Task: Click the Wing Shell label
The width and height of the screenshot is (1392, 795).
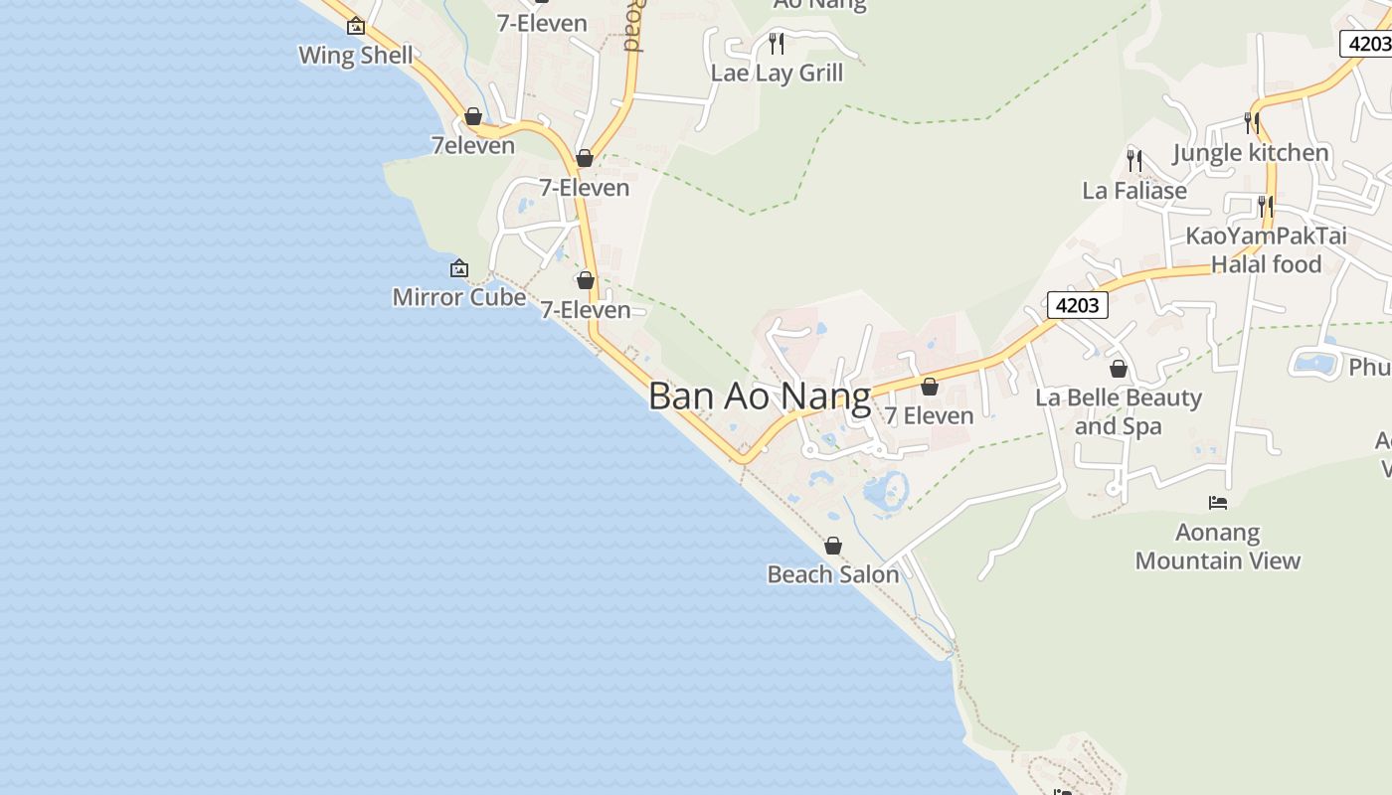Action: [x=356, y=55]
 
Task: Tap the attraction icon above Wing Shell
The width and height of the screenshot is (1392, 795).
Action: [x=356, y=26]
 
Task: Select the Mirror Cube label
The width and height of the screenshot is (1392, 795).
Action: [x=459, y=296]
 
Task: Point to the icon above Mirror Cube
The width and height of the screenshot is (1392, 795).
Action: [x=459, y=268]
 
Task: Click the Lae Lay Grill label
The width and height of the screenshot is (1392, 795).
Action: [x=777, y=73]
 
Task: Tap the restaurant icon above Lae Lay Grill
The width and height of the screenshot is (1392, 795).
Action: [x=777, y=44]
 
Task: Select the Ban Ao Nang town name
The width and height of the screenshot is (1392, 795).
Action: [x=760, y=397]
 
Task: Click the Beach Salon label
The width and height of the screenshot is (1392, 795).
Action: [x=833, y=574]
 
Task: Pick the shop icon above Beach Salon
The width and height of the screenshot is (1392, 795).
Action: [x=833, y=546]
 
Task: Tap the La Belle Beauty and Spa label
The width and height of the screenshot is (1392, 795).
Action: [x=1119, y=411]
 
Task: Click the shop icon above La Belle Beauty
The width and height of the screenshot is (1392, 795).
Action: [x=1119, y=369]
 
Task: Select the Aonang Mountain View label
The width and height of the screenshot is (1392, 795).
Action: [x=1218, y=547]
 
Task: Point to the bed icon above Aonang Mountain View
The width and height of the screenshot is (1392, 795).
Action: [x=1218, y=503]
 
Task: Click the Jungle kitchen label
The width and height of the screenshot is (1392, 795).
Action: [x=1251, y=152]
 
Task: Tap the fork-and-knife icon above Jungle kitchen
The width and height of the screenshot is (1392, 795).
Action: [x=1251, y=123]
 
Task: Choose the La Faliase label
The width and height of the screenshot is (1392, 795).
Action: [x=1134, y=190]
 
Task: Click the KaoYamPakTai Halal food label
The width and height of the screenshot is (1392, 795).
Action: [x=1266, y=249]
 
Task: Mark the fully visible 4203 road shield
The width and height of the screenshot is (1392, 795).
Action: [x=1078, y=305]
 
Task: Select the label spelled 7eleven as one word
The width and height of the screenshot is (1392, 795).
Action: [x=473, y=145]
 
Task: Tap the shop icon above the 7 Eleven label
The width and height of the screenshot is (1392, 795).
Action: [x=930, y=387]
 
